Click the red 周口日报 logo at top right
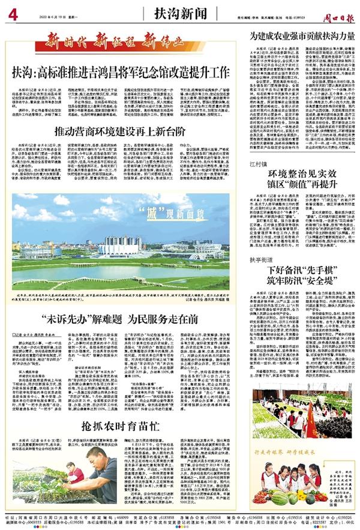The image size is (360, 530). pyautogui.click(x=340, y=13)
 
